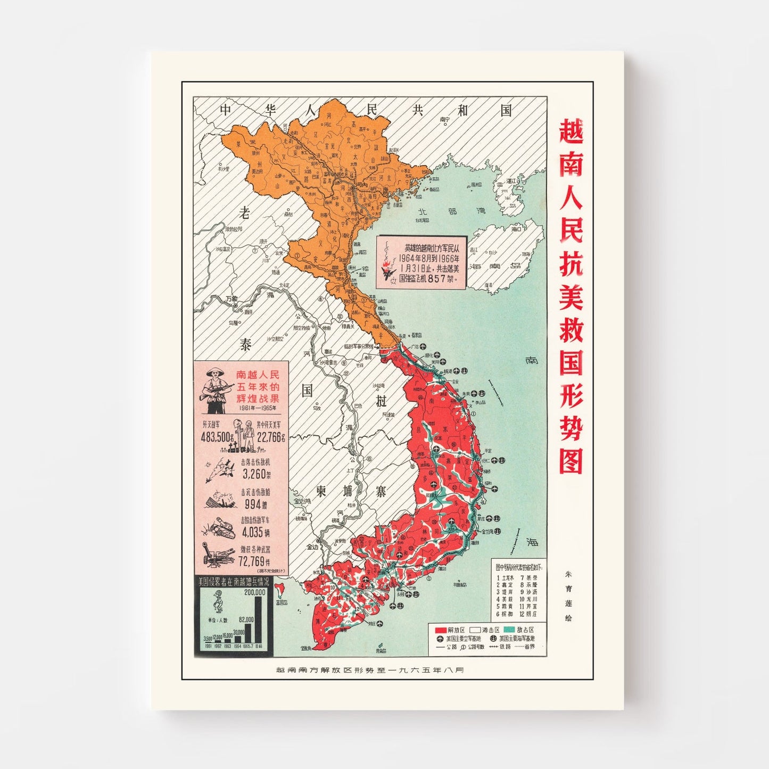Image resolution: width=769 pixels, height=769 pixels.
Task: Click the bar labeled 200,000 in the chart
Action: (259, 619)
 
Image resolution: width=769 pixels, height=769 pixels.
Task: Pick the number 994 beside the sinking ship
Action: (253, 503)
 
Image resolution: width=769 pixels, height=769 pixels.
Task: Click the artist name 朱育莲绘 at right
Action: (569, 596)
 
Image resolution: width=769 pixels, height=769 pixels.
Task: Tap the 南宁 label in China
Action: (445, 119)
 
